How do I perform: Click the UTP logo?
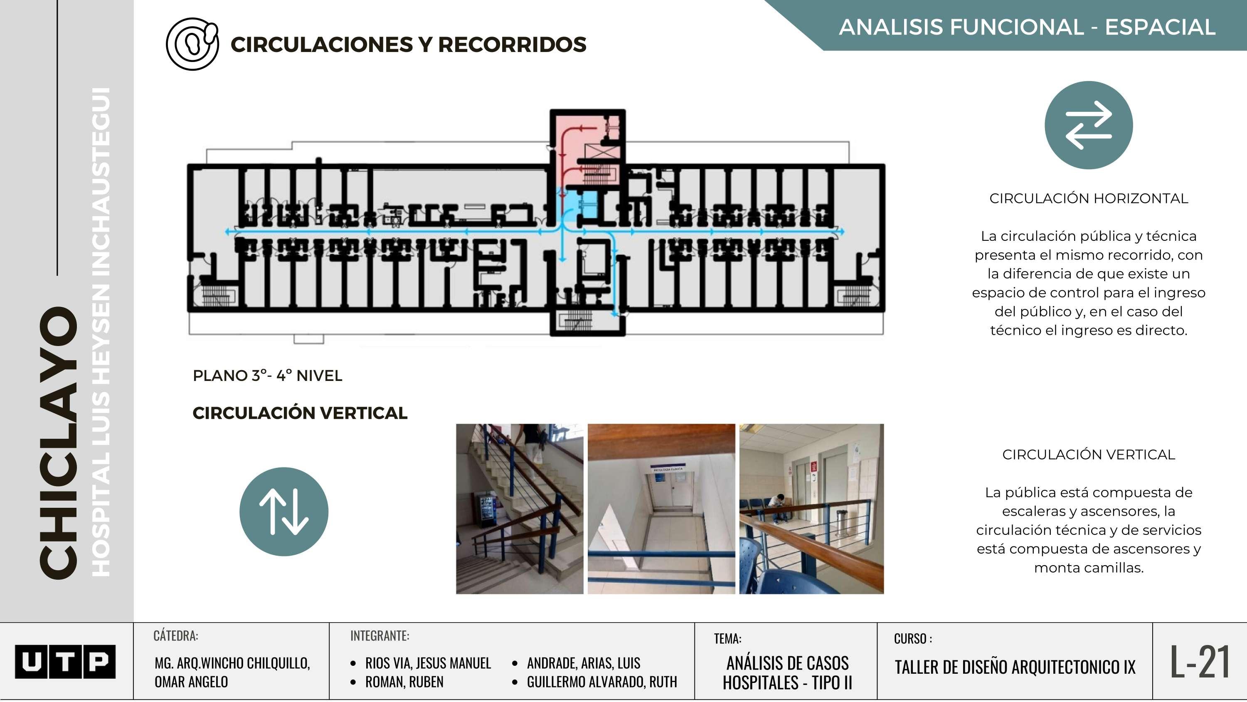65,661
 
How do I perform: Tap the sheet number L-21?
1200,661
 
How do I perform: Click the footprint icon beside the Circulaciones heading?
192,44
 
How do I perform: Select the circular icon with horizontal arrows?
1088,125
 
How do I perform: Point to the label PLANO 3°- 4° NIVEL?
267,376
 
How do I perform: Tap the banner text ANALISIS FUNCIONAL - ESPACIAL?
1027,27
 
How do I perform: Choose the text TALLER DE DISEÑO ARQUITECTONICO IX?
1015,667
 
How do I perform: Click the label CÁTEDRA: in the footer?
175,635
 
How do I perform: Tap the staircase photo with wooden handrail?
520,509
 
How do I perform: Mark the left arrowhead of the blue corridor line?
227,232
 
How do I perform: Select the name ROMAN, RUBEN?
404,682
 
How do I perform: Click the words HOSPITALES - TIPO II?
787,682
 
